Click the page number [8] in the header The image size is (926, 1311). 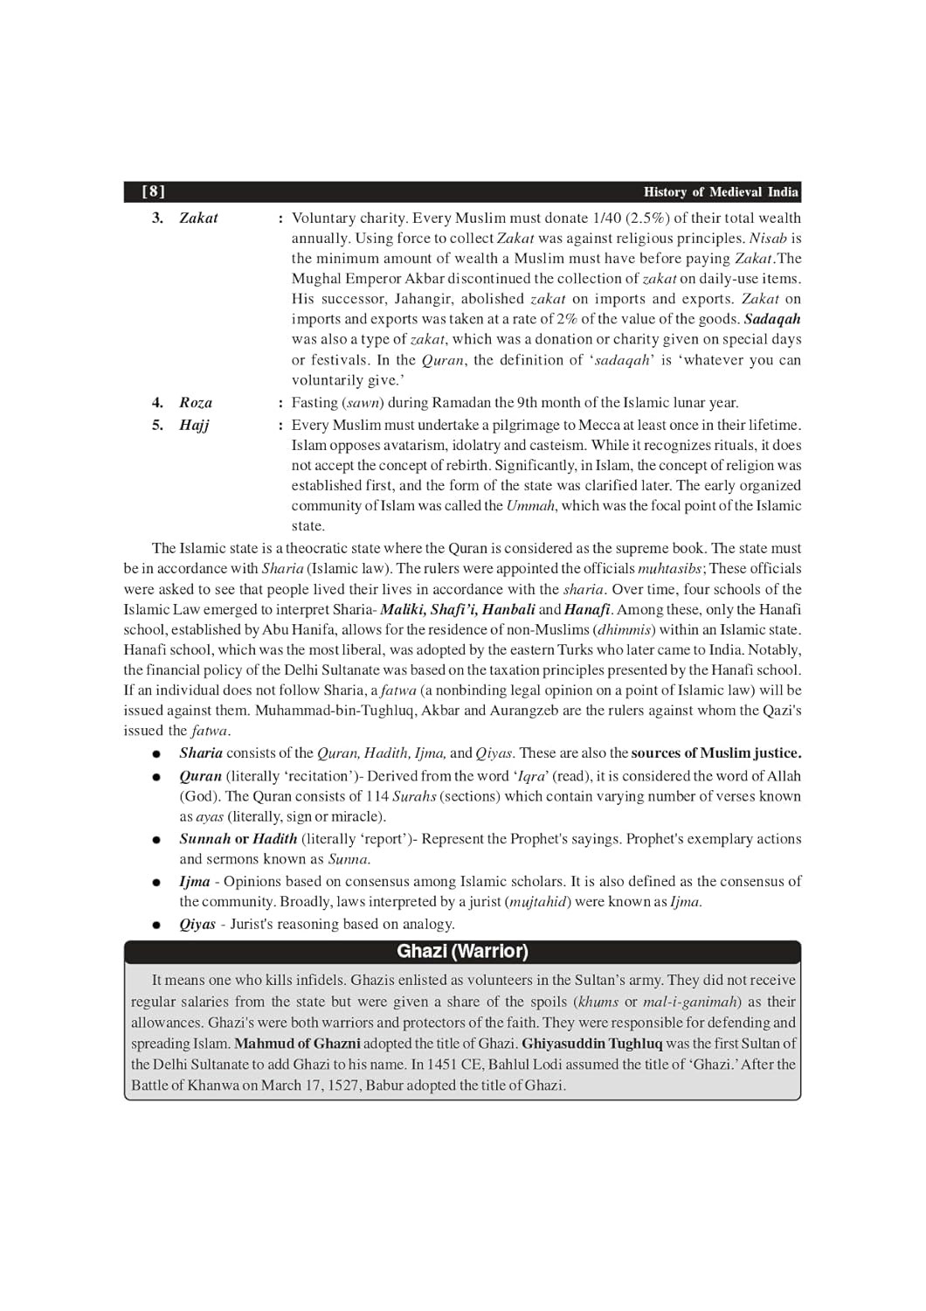pyautogui.click(x=154, y=191)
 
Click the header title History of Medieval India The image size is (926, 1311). pyautogui.click(x=721, y=192)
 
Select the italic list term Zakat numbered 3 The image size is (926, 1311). pyautogui.click(x=198, y=218)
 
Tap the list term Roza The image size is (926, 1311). pyautogui.click(x=196, y=403)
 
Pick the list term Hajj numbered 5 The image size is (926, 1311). pyautogui.click(x=194, y=425)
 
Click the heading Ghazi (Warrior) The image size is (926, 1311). pyautogui.click(x=462, y=951)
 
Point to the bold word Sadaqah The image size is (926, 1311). pyautogui.click(x=772, y=319)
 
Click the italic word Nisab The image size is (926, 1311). pyautogui.click(x=768, y=238)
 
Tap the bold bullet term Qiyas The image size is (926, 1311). pyautogui.click(x=197, y=924)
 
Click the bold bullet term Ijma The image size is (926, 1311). pyautogui.click(x=195, y=881)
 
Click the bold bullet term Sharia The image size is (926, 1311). pyautogui.click(x=201, y=753)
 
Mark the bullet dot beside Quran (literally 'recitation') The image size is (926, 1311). pyautogui.click(x=156, y=776)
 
